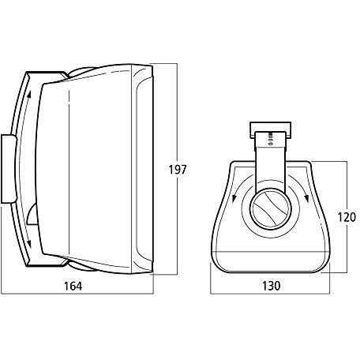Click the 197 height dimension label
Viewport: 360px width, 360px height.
pyautogui.click(x=178, y=170)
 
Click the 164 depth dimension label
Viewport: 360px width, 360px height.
pyautogui.click(x=73, y=286)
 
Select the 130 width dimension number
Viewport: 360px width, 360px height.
pyautogui.click(x=272, y=286)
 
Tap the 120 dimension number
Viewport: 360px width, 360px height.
pyautogui.click(x=347, y=217)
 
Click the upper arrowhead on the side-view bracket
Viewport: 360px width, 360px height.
pyautogui.click(x=29, y=95)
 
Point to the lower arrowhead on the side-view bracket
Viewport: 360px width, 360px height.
pyautogui.click(x=28, y=244)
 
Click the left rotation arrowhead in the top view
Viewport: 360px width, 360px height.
pyautogui.click(x=234, y=198)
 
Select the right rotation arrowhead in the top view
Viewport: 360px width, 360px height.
pyautogui.click(x=306, y=198)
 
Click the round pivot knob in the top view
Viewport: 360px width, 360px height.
pyautogui.click(x=271, y=208)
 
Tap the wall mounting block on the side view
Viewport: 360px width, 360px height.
pyautogui.click(x=9, y=169)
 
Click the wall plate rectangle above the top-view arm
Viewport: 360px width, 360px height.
pyautogui.click(x=270, y=130)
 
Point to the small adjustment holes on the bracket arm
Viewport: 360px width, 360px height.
pyautogui.click(x=270, y=139)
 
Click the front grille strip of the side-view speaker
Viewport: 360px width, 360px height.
pyautogui.click(x=142, y=169)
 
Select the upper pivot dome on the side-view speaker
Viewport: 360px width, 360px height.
pyautogui.click(x=81, y=72)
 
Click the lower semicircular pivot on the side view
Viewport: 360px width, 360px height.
pyautogui.click(x=32, y=215)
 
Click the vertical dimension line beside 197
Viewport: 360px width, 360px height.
pyautogui.click(x=177, y=169)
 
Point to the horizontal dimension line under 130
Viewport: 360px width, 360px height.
pyautogui.click(x=270, y=294)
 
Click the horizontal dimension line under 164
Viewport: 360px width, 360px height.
pyautogui.click(x=77, y=294)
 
